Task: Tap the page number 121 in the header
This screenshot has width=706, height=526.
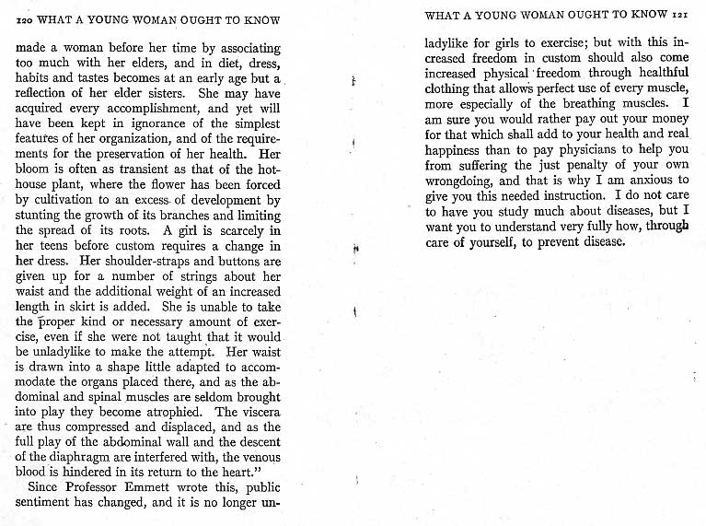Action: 679,15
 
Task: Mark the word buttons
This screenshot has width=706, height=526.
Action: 207,261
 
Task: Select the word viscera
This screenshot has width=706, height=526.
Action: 260,411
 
